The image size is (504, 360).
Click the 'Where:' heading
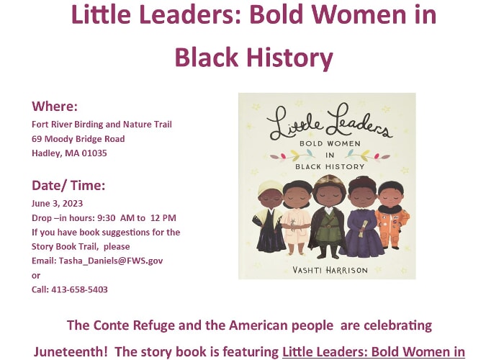[55, 107]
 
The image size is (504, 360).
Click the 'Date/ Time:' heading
[68, 186]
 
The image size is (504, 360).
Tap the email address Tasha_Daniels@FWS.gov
[111, 261]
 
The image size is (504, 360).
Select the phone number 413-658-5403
[79, 289]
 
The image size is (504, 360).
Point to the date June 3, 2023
[57, 204]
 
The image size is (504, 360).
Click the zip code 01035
[94, 153]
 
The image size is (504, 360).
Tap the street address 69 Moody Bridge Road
[78, 139]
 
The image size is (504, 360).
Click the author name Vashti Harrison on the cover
[330, 270]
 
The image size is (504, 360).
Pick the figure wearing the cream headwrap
[269, 216]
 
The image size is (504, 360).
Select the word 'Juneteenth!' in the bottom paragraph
[71, 351]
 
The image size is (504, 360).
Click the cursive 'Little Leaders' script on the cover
[330, 122]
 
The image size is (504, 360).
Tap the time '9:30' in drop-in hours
[106, 218]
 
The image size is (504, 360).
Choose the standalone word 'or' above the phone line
[36, 276]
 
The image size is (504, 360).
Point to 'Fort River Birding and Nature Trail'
[102, 125]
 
